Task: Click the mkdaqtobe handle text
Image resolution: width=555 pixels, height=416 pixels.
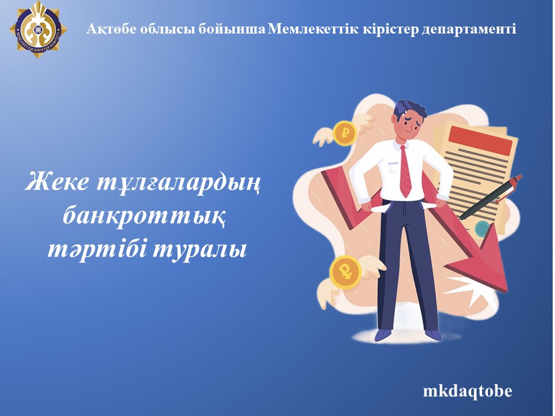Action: tap(467, 391)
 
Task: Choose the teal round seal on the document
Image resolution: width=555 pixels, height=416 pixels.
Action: tap(481, 230)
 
